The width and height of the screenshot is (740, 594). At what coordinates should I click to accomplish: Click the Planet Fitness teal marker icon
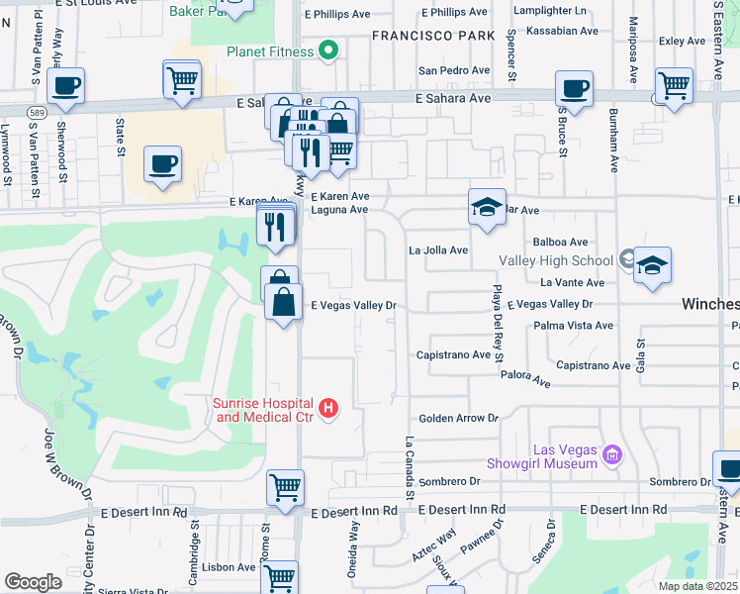tap(329, 51)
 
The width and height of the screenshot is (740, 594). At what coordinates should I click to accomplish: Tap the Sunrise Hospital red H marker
tap(329, 407)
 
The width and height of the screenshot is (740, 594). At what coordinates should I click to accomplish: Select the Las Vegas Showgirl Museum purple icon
tap(611, 455)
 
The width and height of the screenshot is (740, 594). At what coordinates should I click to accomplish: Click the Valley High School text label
tap(556, 260)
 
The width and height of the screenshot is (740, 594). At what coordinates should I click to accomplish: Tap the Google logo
tap(33, 581)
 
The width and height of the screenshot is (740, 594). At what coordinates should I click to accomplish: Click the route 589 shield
tap(35, 112)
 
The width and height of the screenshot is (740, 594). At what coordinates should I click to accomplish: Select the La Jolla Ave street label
tap(438, 250)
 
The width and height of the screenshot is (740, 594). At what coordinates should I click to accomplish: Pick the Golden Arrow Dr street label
tap(458, 419)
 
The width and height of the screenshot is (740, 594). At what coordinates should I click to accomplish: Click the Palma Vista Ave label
tap(573, 325)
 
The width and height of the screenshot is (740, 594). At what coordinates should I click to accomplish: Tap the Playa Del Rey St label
tap(498, 325)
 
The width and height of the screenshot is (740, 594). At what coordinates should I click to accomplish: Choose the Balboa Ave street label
tap(560, 242)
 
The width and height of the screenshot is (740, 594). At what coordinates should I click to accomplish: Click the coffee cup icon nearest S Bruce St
tap(574, 89)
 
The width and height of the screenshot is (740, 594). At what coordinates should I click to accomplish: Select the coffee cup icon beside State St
tap(163, 164)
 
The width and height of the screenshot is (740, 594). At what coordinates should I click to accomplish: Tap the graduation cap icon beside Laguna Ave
tap(486, 207)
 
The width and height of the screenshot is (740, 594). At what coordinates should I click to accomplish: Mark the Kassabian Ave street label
tap(562, 31)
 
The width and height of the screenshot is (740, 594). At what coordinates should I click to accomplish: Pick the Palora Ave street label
tap(524, 378)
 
